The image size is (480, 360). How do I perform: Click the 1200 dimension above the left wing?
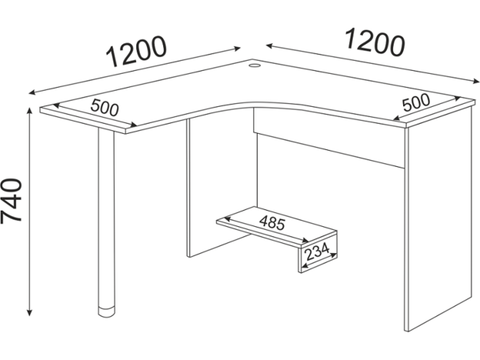136,52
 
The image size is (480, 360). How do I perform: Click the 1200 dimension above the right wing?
375,42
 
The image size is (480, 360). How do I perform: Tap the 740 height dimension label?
12,200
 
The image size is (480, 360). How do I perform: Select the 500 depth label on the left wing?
105,108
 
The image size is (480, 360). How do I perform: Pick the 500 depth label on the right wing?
416,102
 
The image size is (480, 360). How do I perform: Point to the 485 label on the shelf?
272,223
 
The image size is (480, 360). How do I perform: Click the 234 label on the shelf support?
317,251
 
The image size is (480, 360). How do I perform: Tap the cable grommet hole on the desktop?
254,65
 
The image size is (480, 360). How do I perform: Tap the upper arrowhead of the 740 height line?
29,109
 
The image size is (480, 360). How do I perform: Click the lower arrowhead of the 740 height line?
29,313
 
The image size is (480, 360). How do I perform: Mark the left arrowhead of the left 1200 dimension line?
32,92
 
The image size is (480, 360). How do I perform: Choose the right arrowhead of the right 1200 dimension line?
475,82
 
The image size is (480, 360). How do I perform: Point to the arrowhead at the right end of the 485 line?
305,241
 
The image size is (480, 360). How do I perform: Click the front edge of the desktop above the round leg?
82,122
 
